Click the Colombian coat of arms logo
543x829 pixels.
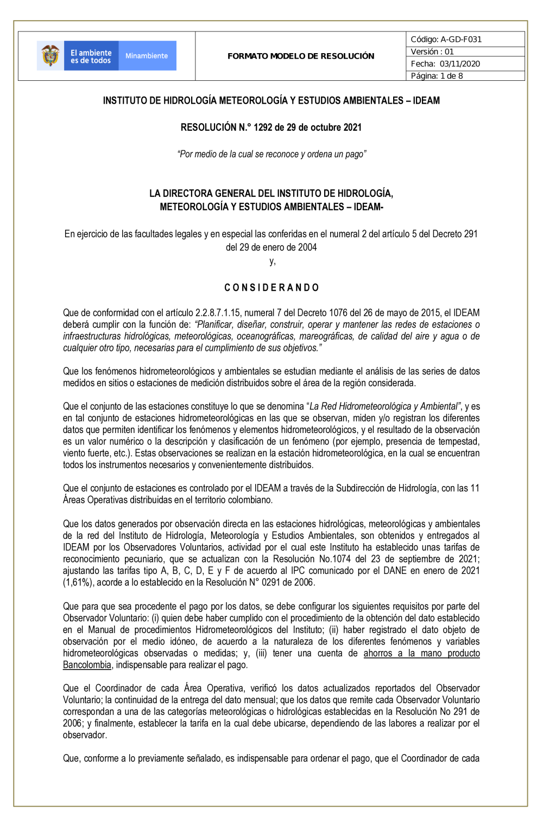tap(50, 55)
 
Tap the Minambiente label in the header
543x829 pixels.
tap(147, 56)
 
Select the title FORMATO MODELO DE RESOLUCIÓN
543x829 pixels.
tap(301, 56)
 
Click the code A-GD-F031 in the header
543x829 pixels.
tap(461, 39)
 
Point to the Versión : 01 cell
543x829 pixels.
tap(432, 52)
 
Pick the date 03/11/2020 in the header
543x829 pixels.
tap(460, 63)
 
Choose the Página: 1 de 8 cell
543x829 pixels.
tap(437, 76)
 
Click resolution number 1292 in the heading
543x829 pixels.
tap(263, 127)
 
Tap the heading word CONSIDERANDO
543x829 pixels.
tap(271, 288)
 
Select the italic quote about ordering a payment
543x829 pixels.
tap(271, 154)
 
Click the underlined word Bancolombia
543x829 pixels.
tap(87, 665)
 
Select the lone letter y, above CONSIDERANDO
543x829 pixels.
tap(272, 261)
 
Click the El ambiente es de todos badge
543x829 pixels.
tap(91, 56)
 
